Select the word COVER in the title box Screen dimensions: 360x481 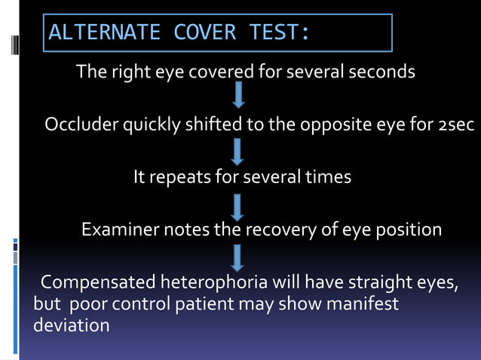pyautogui.click(x=205, y=33)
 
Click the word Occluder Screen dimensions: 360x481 pyautogui.click(x=78, y=124)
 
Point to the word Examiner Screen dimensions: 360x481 pyautogui.click(x=118, y=230)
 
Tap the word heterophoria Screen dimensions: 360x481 pyautogui.click(x=207, y=283)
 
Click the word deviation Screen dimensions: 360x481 pyautogui.click(x=72, y=326)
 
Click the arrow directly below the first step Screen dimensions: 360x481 pyautogui.click(x=238, y=95)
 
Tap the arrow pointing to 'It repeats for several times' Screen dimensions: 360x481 pyautogui.click(x=238, y=149)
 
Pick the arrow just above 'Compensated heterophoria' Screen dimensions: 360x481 pyautogui.click(x=238, y=256)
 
